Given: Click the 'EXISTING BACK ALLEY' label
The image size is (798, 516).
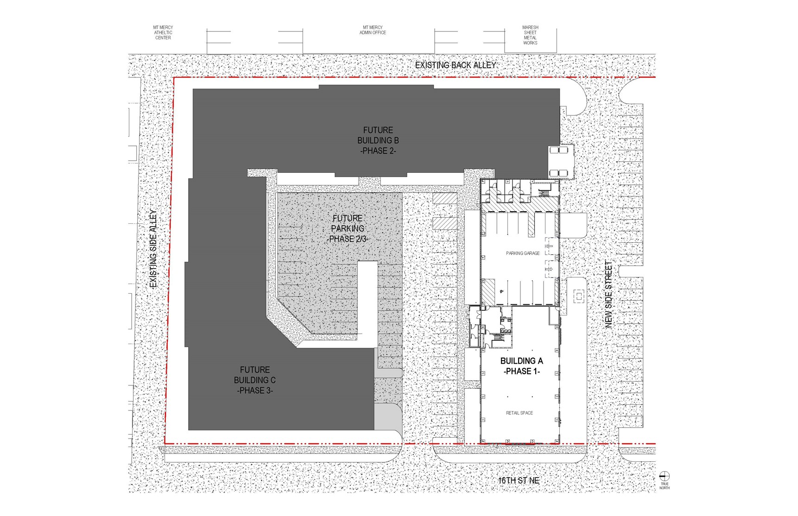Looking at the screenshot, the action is [456, 65].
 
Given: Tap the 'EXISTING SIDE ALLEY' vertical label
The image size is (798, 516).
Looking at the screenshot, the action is [153, 249].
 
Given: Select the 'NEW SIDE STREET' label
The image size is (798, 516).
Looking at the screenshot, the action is [608, 295].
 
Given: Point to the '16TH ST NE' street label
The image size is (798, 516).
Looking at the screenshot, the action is [519, 481].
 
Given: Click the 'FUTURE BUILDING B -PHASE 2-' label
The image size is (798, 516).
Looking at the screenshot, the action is [378, 140].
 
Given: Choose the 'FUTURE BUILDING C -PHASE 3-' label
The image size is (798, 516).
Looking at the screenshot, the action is [255, 380].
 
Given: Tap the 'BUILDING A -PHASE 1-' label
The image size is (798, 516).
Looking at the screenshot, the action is [522, 366].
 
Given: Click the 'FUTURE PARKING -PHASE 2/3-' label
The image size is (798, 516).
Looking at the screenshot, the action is [348, 228].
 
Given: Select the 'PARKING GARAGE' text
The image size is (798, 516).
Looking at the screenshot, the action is [523, 253].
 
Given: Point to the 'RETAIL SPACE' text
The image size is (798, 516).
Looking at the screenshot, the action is [519, 413].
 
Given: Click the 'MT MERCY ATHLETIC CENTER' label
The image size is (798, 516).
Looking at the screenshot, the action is [163, 32].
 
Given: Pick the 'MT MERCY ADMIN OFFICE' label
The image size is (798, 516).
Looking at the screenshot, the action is [373, 30].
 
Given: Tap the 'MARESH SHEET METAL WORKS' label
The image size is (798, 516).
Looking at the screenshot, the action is [530, 35].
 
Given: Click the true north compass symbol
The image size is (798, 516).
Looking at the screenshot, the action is [665, 476].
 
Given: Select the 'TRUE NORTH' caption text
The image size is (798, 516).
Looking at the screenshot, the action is [665, 486].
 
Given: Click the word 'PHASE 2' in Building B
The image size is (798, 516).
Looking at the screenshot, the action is [378, 151].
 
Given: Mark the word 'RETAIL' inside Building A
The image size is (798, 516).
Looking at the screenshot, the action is [512, 413].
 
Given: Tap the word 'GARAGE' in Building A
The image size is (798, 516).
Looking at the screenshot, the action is [532, 253].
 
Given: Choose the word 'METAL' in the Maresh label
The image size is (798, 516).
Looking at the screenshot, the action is [530, 38].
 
